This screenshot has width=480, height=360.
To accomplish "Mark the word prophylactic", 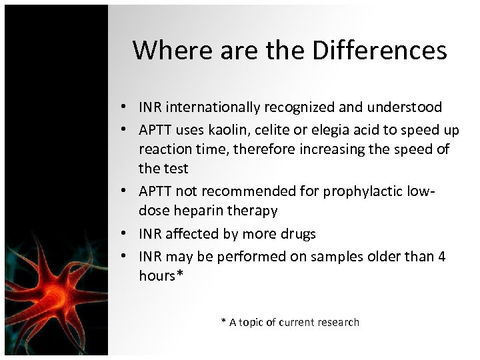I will (x=369, y=191).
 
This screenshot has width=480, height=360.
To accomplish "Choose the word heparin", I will (x=194, y=211).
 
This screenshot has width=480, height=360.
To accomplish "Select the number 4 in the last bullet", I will (x=441, y=256).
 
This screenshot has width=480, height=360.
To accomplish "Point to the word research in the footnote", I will (x=337, y=323).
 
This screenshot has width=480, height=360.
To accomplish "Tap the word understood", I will (x=407, y=107).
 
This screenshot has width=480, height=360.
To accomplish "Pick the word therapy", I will (x=253, y=211).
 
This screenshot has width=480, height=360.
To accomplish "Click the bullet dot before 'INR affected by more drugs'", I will (x=125, y=234).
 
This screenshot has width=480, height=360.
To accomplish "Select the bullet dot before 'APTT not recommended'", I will (x=125, y=192).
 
